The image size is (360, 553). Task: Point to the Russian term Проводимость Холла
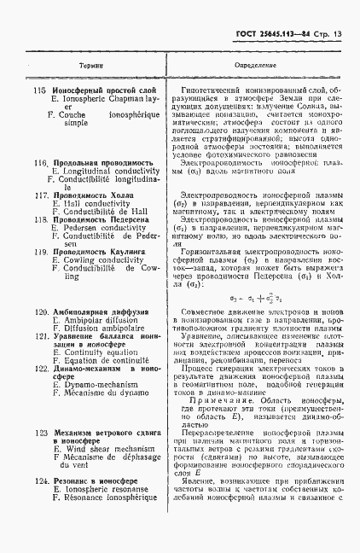[x=90, y=195]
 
